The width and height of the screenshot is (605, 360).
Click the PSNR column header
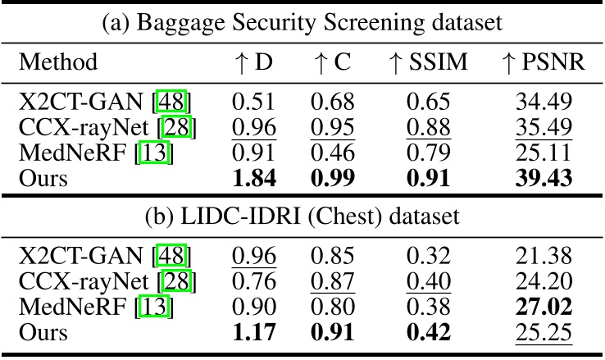point(544,62)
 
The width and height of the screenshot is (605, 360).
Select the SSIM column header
point(428,62)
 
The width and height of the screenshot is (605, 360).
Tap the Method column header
point(58,62)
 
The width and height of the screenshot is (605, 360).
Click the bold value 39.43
point(544,178)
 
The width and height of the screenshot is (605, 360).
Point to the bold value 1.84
point(254,178)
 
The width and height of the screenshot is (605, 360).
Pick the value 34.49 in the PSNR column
point(544,102)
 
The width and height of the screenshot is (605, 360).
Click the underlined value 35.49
point(544,127)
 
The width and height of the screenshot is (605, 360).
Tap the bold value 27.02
point(544,307)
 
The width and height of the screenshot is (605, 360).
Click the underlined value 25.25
point(544,332)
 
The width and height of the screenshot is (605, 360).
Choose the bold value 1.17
point(254,332)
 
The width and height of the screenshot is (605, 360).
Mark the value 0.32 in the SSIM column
point(428,255)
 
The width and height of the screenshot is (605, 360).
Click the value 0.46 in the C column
point(333,153)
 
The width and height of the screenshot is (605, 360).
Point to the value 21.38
point(544,255)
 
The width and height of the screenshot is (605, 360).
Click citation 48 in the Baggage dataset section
point(171,102)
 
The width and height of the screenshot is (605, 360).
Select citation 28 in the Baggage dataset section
point(176,127)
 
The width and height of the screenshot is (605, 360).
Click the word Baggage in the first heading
point(181,23)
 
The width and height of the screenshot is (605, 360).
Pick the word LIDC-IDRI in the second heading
point(240,216)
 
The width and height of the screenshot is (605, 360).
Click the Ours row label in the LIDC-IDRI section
point(43,332)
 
